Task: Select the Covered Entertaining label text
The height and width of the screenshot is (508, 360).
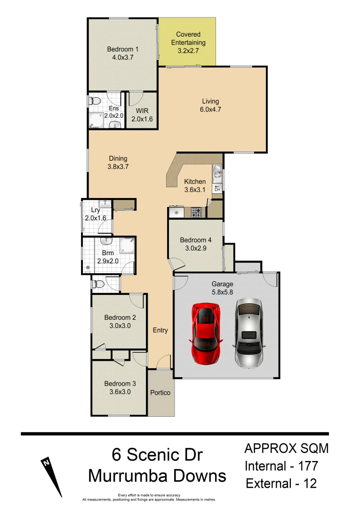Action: point(188,39)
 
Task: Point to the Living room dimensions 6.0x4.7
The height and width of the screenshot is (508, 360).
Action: point(210,110)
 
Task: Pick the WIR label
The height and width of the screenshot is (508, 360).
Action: point(142,111)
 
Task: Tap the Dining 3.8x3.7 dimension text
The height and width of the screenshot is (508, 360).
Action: point(118,167)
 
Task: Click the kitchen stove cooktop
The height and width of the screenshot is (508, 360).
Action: point(196,213)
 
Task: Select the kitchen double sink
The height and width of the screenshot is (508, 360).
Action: point(217,173)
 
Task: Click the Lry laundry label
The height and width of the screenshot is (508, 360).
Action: point(89,210)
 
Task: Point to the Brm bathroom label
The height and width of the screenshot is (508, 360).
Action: point(108,253)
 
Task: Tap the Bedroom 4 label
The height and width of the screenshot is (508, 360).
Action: point(196,240)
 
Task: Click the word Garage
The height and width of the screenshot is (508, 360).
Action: point(222,284)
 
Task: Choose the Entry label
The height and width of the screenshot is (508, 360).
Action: point(160,330)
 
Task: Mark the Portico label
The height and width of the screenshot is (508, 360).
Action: point(160,393)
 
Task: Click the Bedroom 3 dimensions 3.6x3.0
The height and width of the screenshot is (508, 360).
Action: point(118,391)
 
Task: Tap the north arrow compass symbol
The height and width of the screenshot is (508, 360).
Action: point(52,476)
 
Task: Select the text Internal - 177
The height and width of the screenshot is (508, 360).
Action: point(281,467)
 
